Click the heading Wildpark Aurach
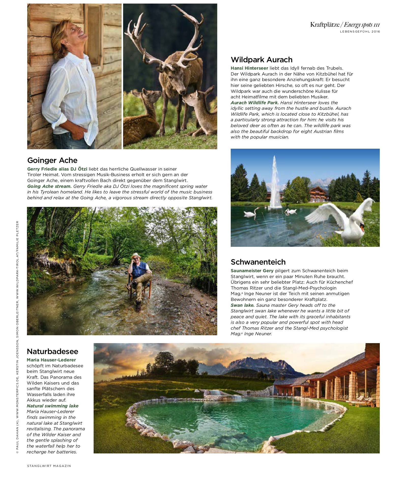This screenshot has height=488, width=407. (261, 60)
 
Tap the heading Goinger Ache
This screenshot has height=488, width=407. (52, 160)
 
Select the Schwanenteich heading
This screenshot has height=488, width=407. (258, 262)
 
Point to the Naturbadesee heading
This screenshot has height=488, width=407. (52, 352)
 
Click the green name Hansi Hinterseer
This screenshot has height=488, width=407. (249, 68)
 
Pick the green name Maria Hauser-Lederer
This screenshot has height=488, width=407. (51, 360)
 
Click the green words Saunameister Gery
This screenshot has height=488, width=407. (252, 271)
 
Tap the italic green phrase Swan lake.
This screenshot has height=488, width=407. (242, 305)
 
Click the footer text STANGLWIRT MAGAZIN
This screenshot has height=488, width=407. (49, 466)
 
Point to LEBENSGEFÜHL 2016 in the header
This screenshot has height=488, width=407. (360, 32)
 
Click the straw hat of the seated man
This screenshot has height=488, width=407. (136, 255)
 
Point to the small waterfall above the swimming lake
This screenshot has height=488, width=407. (216, 393)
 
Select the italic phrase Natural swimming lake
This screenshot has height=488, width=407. (52, 406)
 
